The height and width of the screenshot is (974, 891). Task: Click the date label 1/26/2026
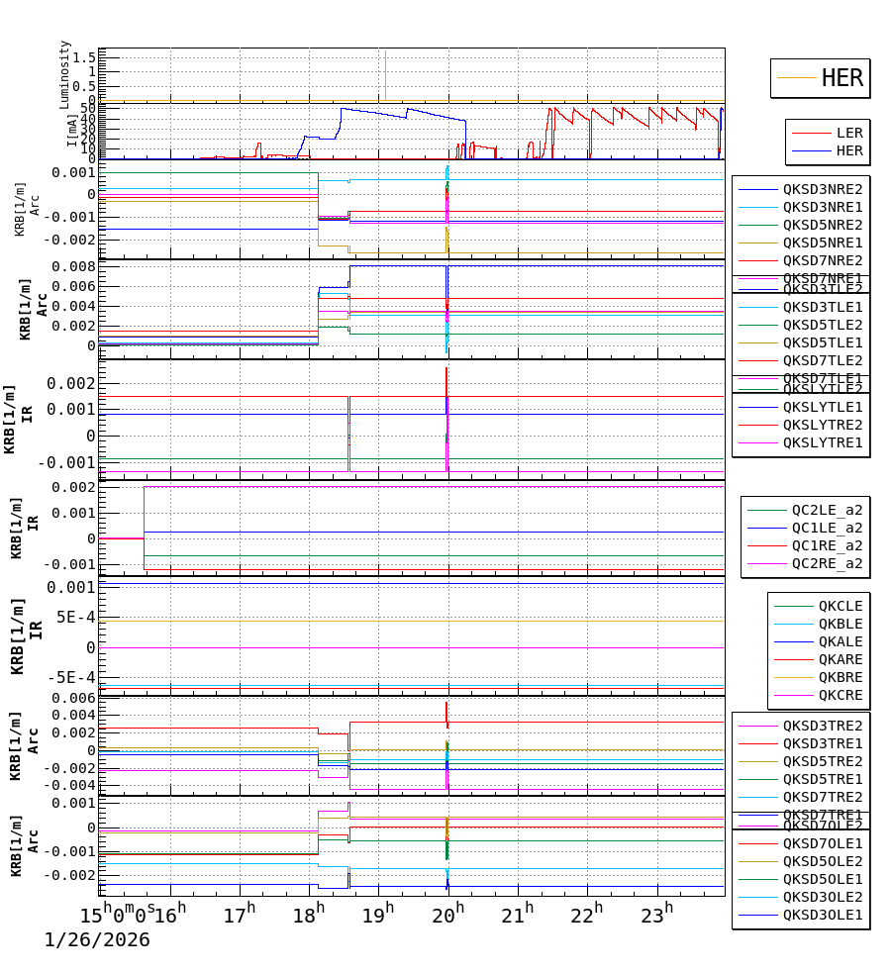(97, 939)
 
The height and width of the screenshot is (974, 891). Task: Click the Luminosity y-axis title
(65, 74)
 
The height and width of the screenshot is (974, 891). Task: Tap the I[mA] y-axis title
(72, 131)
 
